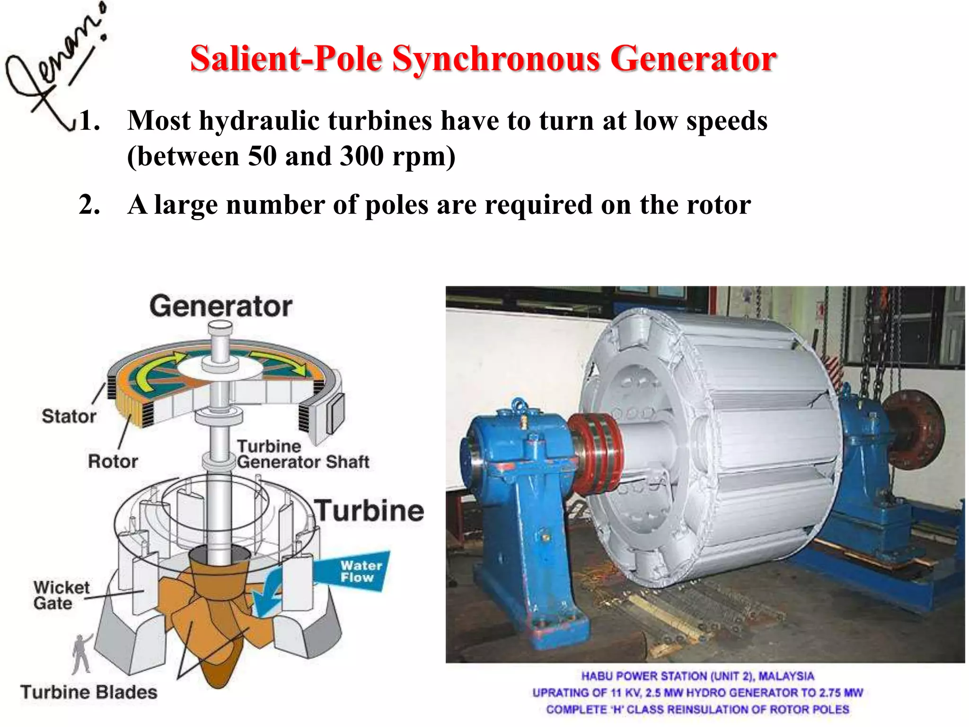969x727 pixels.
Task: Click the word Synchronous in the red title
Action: (496, 59)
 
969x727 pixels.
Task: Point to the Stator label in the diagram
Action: (69, 417)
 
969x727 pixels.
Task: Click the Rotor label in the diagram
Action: (113, 461)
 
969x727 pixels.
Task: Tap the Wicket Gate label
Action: (61, 595)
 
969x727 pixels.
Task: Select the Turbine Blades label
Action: (89, 692)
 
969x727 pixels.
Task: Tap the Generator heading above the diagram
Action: (221, 306)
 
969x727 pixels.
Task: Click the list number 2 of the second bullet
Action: (88, 204)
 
